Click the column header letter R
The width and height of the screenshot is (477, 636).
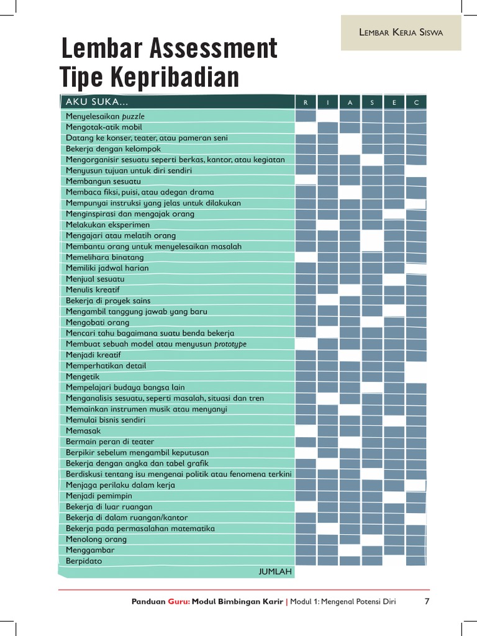306,102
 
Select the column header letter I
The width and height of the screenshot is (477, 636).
328,102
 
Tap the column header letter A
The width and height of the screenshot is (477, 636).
350,102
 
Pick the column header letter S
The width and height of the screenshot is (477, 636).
372,102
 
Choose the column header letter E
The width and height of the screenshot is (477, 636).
394,102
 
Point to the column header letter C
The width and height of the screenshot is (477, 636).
416,102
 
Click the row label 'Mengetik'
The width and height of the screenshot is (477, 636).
83,376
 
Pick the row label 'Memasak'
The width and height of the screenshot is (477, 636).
83,430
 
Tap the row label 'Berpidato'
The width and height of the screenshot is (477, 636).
84,561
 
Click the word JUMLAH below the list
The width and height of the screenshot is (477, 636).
275,571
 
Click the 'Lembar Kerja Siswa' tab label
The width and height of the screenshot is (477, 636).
401,33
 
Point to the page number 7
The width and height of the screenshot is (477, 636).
427,601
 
